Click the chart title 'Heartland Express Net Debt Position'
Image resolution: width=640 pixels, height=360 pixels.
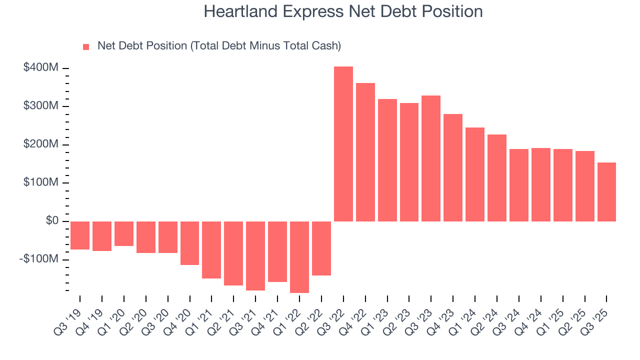(343, 11)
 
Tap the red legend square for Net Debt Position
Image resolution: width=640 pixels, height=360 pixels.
(86, 46)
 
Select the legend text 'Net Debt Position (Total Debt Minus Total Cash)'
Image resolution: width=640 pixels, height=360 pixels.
(219, 46)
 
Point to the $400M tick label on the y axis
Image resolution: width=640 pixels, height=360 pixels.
(40, 67)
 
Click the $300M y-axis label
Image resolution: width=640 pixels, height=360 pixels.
(40, 106)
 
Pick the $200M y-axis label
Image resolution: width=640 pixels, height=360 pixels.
(40, 144)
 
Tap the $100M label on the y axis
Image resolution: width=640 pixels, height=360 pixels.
(40, 182)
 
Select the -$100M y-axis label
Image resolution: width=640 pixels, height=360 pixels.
(39, 259)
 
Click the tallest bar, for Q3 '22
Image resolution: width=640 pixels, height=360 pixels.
(343, 144)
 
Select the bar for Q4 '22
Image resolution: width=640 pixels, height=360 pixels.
(365, 152)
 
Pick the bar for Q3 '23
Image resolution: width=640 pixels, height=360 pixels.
(431, 158)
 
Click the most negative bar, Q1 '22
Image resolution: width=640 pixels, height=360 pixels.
(299, 257)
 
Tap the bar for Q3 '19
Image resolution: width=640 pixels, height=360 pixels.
(80, 235)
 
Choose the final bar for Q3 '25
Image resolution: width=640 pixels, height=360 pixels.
(606, 192)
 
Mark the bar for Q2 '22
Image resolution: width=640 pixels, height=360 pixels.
(321, 248)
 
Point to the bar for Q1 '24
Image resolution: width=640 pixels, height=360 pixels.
(475, 174)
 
